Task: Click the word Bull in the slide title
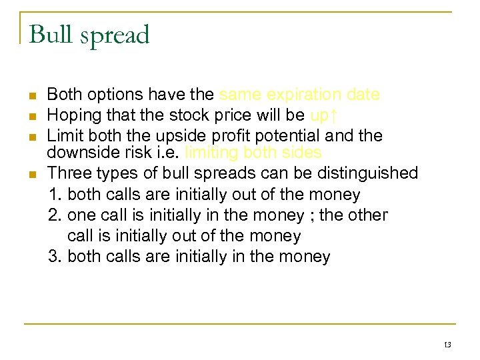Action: [51, 35]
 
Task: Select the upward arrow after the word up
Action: [334, 115]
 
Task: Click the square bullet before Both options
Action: [32, 96]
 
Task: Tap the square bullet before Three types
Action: [32, 174]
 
